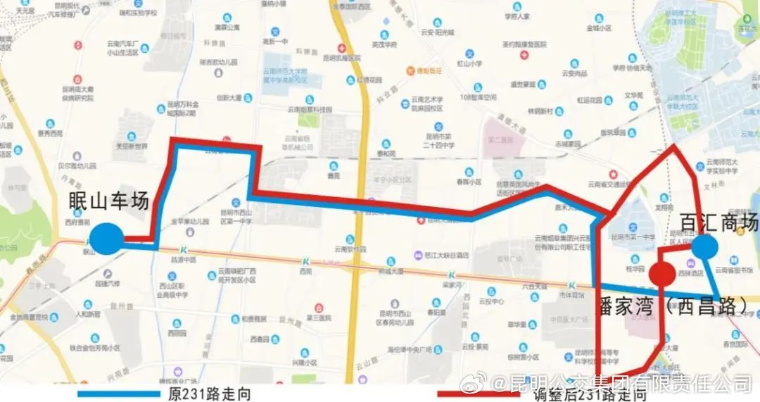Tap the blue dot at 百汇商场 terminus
704,247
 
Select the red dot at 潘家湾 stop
661,275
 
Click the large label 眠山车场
109,200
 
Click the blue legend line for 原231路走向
120,394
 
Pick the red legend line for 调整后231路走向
479,394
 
